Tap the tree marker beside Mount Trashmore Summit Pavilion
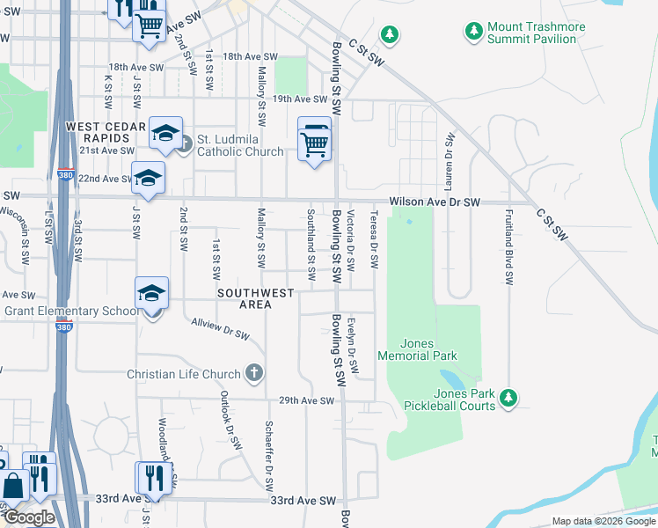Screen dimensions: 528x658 (x=474, y=32)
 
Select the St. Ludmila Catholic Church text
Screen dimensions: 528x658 (x=240, y=145)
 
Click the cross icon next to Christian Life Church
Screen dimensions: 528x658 (x=254, y=374)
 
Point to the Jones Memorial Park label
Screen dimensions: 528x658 (x=417, y=349)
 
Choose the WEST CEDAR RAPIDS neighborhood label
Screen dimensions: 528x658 (x=106, y=134)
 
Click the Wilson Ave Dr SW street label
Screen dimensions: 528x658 (x=435, y=202)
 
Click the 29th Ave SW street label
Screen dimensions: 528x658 (x=307, y=400)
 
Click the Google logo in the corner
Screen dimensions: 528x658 (x=30, y=517)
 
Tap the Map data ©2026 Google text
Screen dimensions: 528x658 (x=603, y=521)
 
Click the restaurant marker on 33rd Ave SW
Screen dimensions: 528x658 (x=151, y=479)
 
